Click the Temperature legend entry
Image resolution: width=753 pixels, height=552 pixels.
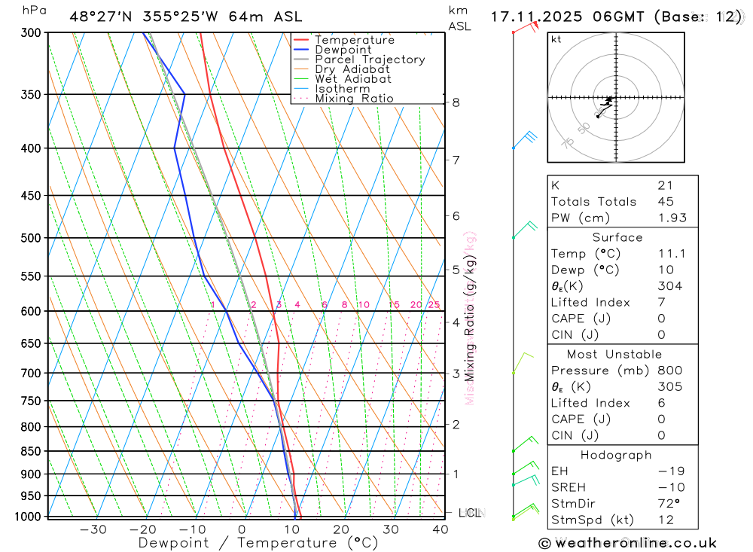coord(354,40)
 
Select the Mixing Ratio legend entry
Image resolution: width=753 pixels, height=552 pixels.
coord(354,99)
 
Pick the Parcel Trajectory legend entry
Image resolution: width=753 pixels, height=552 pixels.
coord(370,59)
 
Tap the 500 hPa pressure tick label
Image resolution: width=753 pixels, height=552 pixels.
coord(31,238)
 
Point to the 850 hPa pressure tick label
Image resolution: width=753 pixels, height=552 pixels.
coord(31,451)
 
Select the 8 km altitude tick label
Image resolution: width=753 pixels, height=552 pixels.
coord(456,102)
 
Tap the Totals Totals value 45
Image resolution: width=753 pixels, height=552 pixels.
coord(666,201)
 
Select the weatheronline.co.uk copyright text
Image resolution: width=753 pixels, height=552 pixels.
coord(627,542)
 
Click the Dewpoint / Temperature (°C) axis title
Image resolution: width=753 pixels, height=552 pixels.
coord(258,543)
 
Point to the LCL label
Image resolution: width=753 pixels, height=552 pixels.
coord(470,514)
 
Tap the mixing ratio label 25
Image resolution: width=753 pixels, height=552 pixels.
coord(434,305)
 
